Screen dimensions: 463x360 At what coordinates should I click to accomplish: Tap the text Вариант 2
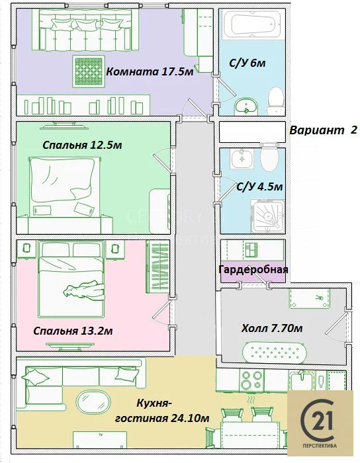point(323,130)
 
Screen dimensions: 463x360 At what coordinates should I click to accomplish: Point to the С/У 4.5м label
point(260,187)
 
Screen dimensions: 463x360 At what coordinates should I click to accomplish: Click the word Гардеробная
point(254,270)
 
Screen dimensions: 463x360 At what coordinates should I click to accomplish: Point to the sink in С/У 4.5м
point(238,157)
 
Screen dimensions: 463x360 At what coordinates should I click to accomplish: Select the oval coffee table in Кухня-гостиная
point(91,403)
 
